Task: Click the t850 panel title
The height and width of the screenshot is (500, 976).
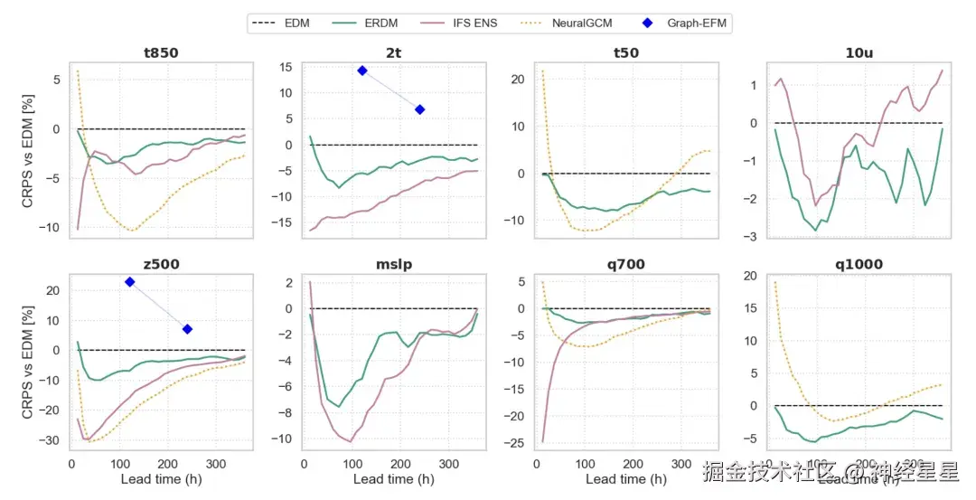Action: pyautogui.click(x=161, y=52)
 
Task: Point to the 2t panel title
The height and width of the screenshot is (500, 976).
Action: pyautogui.click(x=393, y=52)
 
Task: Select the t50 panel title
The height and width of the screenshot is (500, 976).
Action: pyautogui.click(x=625, y=52)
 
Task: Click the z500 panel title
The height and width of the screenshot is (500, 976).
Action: pyautogui.click(x=161, y=265)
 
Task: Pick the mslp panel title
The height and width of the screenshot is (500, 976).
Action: pyautogui.click(x=393, y=265)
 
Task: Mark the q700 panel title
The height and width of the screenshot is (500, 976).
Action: pyautogui.click(x=625, y=265)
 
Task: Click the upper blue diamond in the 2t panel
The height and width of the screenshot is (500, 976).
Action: pyautogui.click(x=362, y=71)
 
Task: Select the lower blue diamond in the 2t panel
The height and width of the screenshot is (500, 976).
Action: pyautogui.click(x=419, y=109)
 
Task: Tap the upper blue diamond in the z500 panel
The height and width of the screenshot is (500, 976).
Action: pyautogui.click(x=130, y=282)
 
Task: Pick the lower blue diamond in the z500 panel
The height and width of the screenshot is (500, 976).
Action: pyautogui.click(x=187, y=329)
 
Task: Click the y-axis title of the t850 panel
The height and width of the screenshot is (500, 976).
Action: pyautogui.click(x=29, y=149)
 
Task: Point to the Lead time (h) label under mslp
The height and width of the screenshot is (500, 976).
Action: pyautogui.click(x=393, y=479)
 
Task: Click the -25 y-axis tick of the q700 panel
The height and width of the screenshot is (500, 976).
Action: pyautogui.click(x=519, y=442)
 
